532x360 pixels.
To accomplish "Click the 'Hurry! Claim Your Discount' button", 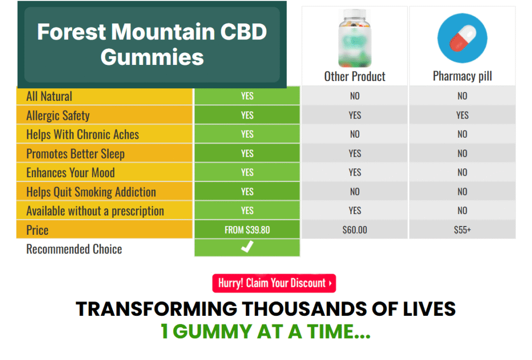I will [274, 284].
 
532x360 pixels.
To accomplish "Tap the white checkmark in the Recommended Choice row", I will [247, 248].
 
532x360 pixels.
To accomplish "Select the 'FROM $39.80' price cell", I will [247, 230].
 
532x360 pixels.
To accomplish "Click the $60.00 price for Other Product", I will [355, 230].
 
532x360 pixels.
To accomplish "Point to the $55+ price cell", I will [462, 230].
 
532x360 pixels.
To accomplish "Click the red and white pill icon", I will [462, 38].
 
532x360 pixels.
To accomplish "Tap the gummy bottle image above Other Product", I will [354, 38].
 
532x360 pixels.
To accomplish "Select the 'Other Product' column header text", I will [355, 76].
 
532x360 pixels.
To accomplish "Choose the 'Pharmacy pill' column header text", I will [462, 76].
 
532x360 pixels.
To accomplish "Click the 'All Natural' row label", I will [49, 96].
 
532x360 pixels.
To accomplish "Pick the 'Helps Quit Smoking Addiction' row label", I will [91, 192].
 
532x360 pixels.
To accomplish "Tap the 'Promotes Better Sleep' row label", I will [75, 154].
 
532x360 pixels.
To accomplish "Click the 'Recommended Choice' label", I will [74, 249].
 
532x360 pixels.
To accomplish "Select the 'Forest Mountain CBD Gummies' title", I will [152, 44].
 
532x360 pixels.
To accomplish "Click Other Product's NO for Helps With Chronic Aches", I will [355, 134].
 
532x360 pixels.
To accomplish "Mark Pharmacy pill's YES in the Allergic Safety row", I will [462, 115].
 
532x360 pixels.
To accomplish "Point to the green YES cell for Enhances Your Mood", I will [247, 172].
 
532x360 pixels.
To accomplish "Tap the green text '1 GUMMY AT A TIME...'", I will [265, 331].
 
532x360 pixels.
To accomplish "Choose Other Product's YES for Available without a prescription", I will [355, 210].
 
